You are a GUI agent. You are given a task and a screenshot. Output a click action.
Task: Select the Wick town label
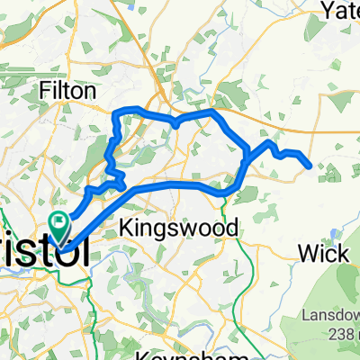tap(325, 255)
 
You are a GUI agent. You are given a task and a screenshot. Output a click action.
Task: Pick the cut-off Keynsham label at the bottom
tap(180, 355)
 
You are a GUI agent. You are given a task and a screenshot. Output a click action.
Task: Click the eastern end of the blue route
tap(310, 166)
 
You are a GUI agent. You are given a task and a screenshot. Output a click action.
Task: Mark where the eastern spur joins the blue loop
tap(247, 159)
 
